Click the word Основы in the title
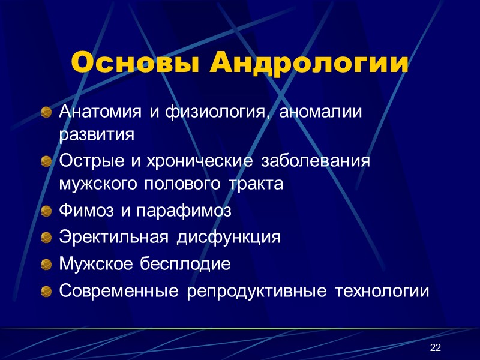(135, 63)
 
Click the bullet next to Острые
(46, 163)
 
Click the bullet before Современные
(46, 292)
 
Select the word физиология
(206, 112)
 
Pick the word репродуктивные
(257, 292)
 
